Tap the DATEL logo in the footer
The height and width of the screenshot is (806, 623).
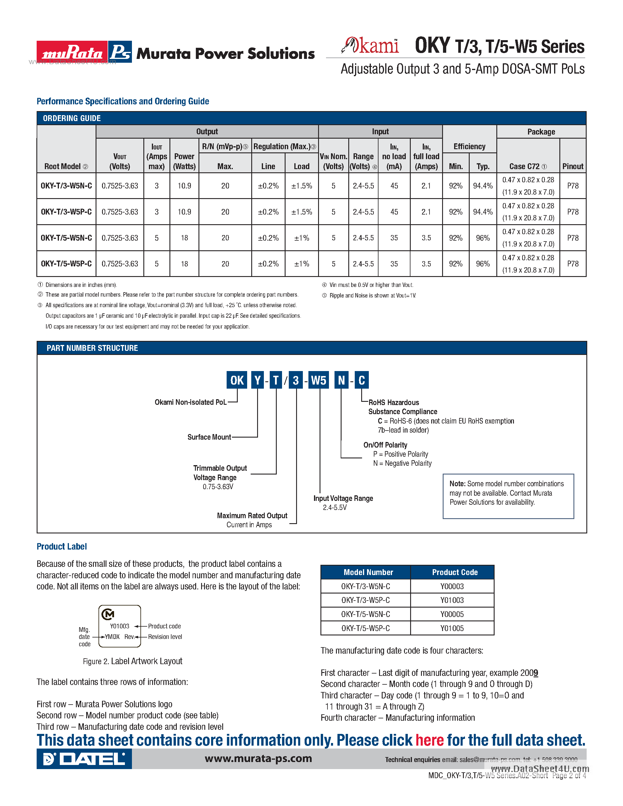pos(84,759)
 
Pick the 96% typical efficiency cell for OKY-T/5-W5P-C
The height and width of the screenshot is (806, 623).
pos(482,264)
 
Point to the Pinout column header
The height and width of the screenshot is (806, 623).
pos(573,166)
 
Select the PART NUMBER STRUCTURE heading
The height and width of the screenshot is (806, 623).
pos(92,348)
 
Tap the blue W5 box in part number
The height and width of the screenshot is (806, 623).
pos(318,380)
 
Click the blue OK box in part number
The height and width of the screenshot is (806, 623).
pos(237,380)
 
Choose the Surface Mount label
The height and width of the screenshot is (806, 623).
pos(209,437)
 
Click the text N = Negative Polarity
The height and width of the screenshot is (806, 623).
pos(402,463)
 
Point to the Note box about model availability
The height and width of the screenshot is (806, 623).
pos(508,496)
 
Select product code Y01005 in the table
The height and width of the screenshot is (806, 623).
pos(452,628)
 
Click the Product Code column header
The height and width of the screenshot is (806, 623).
pos(455,572)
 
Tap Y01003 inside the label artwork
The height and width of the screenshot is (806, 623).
pos(120,626)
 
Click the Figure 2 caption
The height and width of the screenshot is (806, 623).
pos(133,661)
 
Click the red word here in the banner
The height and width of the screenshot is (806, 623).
pos(429,740)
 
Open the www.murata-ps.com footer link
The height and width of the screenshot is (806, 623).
pos(258,759)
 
